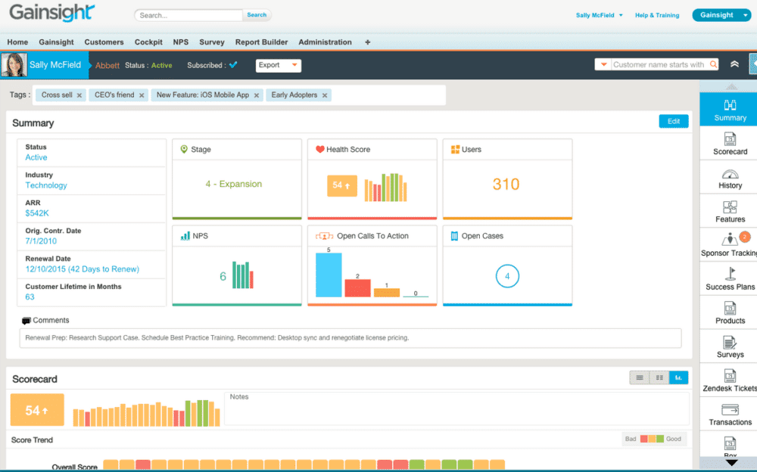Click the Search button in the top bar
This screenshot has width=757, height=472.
point(257,14)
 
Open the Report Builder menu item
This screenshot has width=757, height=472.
point(262,42)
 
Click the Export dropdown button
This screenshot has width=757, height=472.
point(279,65)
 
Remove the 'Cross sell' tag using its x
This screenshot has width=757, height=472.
point(79,95)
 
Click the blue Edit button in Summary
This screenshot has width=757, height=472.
point(674,121)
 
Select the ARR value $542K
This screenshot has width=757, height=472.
point(38,213)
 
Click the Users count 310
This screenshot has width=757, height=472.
point(506,184)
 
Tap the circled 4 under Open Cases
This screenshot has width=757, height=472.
point(507,277)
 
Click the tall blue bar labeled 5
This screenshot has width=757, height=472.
point(329,275)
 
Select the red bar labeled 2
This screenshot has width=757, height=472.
point(357,287)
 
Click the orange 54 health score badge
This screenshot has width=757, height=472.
point(341,185)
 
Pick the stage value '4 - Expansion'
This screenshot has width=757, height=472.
point(233,184)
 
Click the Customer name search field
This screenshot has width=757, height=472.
point(659,65)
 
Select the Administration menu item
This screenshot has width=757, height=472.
point(325,42)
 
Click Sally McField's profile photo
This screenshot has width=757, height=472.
point(14,65)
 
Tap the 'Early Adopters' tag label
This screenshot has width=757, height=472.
point(294,95)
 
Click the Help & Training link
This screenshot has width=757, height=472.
point(656,15)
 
